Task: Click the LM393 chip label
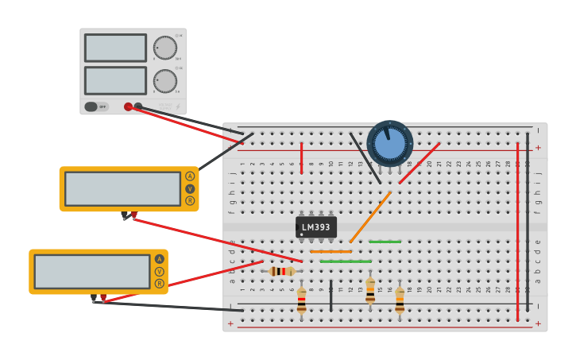click(x=316, y=227)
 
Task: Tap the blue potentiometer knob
click(x=389, y=143)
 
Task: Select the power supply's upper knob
click(x=165, y=48)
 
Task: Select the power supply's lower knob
click(x=165, y=80)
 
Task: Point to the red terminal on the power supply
click(x=128, y=106)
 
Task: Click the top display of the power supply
click(x=115, y=48)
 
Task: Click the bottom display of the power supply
click(x=115, y=80)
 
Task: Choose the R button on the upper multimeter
click(x=190, y=201)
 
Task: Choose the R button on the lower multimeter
click(x=160, y=284)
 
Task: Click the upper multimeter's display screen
click(x=122, y=188)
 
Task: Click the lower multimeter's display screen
click(x=92, y=271)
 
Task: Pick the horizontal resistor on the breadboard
click(x=281, y=271)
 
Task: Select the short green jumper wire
click(x=385, y=242)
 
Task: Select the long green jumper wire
click(x=346, y=261)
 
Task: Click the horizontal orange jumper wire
click(x=331, y=252)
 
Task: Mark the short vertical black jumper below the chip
click(x=331, y=294)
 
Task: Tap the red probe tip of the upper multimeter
click(x=133, y=215)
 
